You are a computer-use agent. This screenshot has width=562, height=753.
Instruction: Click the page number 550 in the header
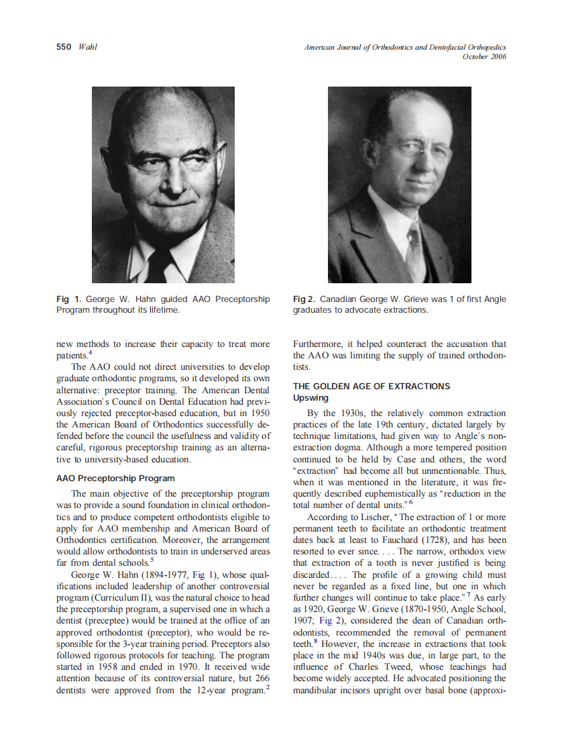[64, 47]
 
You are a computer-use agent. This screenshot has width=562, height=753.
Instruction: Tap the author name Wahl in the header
[88, 47]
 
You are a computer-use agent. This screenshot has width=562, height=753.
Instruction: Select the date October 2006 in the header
[484, 56]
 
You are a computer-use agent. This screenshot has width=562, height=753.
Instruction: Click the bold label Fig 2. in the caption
[304, 299]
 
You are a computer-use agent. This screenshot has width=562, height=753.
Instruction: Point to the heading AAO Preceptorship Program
[115, 479]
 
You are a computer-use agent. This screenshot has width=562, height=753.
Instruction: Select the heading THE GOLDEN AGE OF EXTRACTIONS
[372, 387]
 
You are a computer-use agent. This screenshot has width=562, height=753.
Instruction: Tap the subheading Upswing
[311, 398]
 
